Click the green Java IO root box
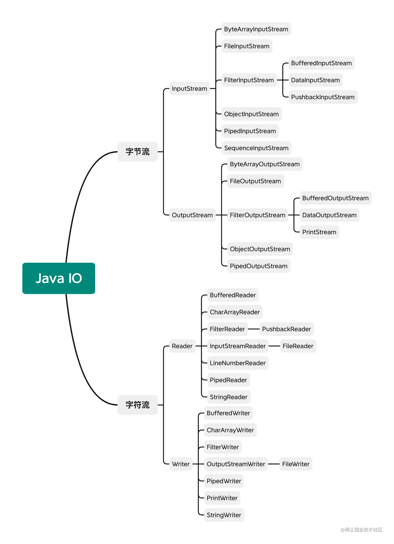[59, 278]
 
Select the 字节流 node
[137, 152]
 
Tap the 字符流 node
[137, 405]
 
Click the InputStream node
[189, 89]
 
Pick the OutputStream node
[192, 215]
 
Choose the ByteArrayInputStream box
[256, 29]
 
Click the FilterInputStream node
[249, 80]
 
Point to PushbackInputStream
[323, 97]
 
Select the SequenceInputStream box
[256, 148]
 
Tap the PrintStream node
[319, 232]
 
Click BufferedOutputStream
[335, 198]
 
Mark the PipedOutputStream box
[258, 266]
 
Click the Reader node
[182, 346]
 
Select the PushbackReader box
[286, 329]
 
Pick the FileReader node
[298, 346]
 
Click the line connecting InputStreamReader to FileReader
[274, 346]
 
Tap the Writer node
[181, 464]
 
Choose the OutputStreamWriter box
[236, 464]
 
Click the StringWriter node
[224, 515]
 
